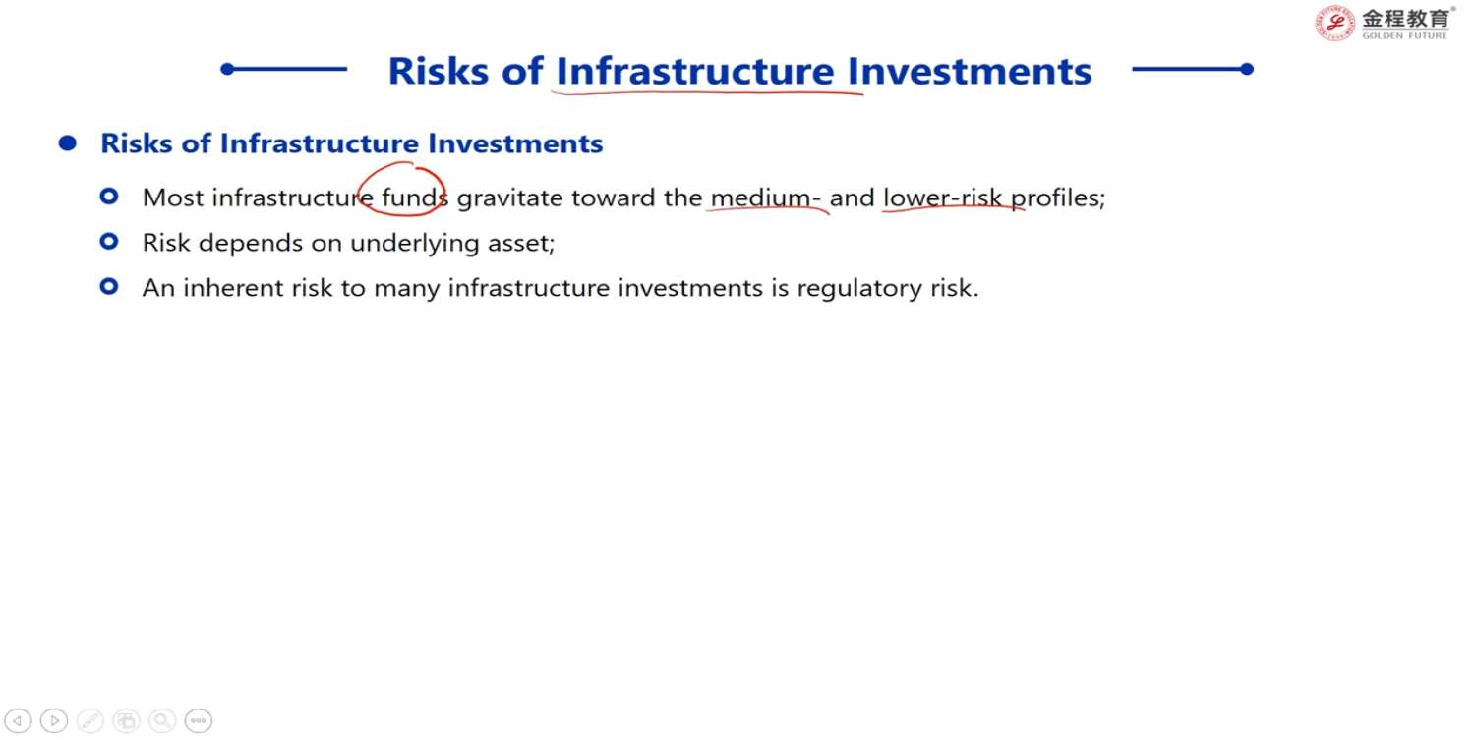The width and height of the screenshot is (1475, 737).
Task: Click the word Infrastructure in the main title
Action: coord(695,71)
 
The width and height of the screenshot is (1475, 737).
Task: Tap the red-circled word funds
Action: coord(415,198)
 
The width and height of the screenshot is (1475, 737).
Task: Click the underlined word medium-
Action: coord(766,198)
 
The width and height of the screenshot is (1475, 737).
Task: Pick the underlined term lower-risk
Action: coord(942,198)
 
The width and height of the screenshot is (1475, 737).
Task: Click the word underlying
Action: coord(415,244)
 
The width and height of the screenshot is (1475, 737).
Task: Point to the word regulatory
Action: coord(859,289)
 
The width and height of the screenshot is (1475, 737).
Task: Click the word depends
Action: coord(251,244)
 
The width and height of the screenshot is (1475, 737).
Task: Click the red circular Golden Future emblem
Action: coord(1334,23)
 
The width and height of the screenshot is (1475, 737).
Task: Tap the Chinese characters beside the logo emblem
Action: coord(1406,18)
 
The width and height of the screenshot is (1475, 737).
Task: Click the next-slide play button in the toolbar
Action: coord(54,720)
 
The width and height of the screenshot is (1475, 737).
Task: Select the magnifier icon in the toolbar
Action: coord(162,720)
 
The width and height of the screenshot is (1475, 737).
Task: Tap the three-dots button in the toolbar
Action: coord(199,720)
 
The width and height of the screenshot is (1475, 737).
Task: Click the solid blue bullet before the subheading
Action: coord(67,142)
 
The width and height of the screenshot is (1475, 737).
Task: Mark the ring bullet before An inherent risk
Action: coord(109,286)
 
